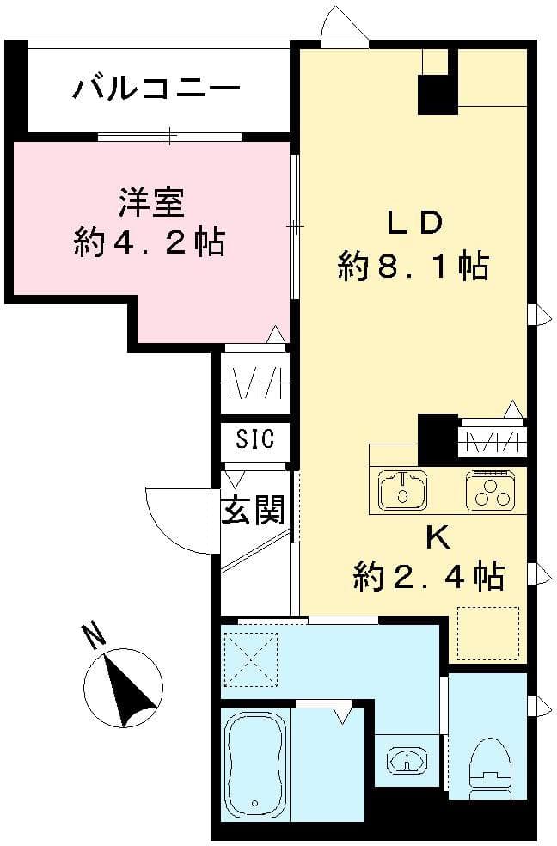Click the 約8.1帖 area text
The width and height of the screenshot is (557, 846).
pos(413,267)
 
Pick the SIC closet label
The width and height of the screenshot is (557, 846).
pos(255,440)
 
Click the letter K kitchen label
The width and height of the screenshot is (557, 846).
pos(437,537)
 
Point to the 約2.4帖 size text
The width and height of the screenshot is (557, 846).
pos(428,576)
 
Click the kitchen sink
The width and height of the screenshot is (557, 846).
pos(402,490)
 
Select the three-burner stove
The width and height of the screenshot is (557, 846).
pos(491,491)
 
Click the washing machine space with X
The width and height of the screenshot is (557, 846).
pos(250,659)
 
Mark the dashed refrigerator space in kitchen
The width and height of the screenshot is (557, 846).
pos(489,634)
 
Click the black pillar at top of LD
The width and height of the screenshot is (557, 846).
pos(438,95)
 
